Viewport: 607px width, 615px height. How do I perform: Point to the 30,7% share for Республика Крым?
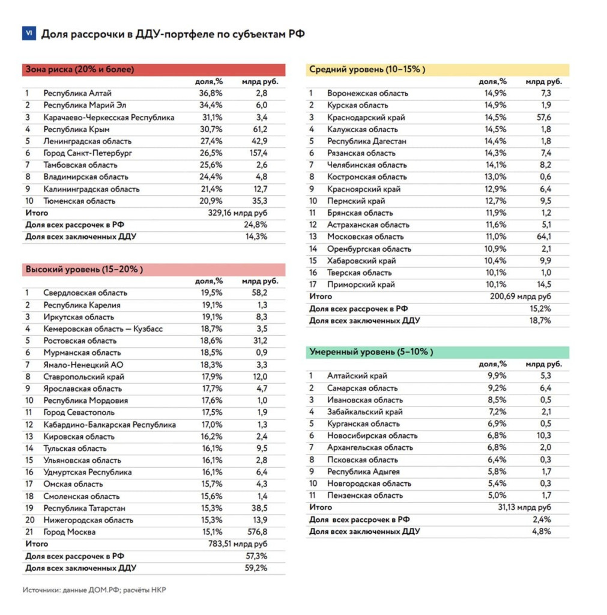point(211,129)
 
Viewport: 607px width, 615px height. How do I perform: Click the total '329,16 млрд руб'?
point(238,213)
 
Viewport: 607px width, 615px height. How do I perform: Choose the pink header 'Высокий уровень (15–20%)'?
point(84,270)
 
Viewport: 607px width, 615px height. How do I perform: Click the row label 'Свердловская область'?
point(85,293)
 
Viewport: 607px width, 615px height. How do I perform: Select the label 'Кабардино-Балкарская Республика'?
point(109,425)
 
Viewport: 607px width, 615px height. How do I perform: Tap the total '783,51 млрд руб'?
point(238,544)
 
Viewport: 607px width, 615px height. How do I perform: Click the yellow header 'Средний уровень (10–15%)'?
point(367,70)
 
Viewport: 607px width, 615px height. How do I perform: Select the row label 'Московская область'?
point(366,237)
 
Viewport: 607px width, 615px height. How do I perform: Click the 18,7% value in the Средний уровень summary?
point(540,321)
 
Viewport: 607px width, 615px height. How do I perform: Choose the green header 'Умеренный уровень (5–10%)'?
point(370,352)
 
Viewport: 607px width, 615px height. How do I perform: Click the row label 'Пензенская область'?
point(364,495)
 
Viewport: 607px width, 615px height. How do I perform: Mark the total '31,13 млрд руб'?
point(524,507)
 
